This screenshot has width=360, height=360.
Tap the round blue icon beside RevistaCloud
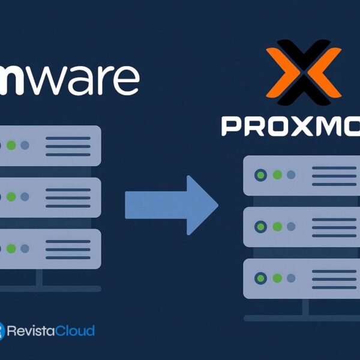pos(2,331)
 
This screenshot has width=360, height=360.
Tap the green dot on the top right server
pos(277,175)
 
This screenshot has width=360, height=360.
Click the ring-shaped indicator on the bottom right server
pos(261,278)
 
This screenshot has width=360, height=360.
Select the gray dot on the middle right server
pos(291,227)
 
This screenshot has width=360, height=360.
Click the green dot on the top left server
pos(11,145)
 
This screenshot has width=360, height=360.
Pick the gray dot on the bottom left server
pos(25,248)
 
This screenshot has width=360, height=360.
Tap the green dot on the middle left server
pos(11,197)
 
